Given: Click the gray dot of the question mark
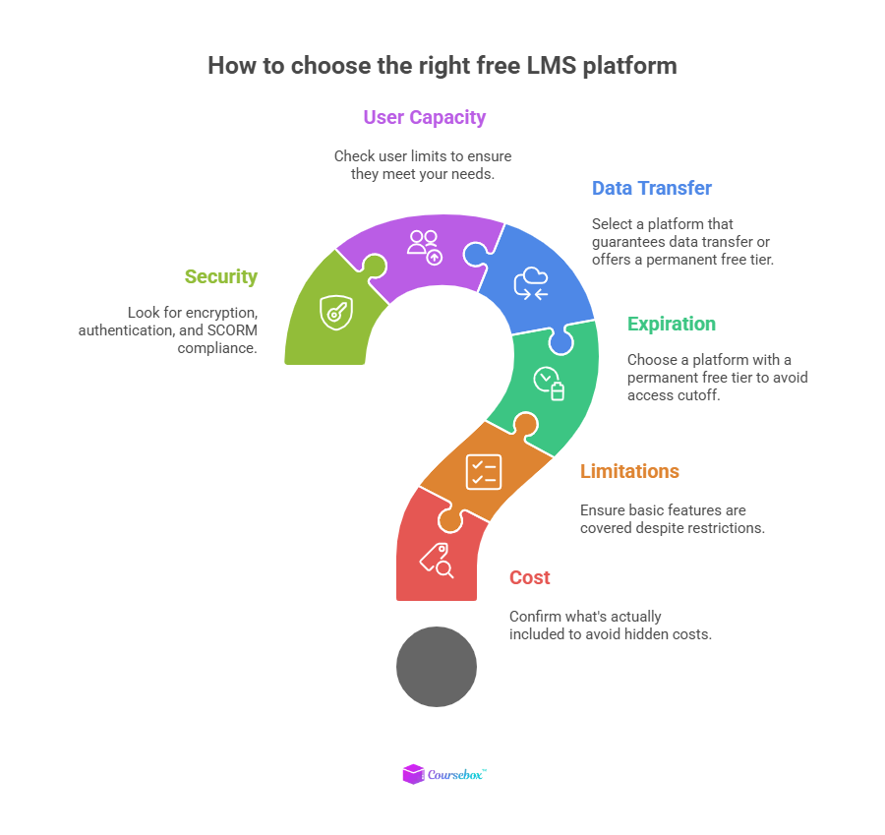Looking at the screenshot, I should coord(436,667).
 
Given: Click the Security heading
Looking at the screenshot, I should coord(221,276).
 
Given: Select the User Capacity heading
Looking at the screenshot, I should coord(424,117).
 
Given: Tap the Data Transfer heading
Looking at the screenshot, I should coord(651,188).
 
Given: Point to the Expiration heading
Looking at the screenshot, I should coord(672,324).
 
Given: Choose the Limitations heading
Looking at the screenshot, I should coord(629,471).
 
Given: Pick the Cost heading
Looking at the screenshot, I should coord(529,577).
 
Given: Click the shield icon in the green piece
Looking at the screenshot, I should coord(335,312).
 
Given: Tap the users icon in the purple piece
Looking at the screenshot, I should coord(425,246).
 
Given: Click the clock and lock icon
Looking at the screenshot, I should coord(549,383).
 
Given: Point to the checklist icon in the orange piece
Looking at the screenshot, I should coord(484,471).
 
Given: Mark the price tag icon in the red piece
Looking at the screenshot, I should coord(437,561).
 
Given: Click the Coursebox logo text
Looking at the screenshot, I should coord(455,775).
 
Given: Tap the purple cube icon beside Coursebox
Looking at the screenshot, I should coord(413,775).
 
